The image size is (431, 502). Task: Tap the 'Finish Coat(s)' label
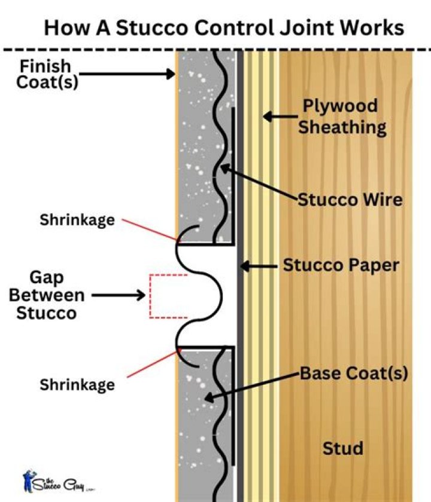pos(43,74)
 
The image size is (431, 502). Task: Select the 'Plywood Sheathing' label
pos(340,117)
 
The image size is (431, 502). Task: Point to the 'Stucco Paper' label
pos(341,265)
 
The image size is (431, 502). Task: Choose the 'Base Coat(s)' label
pos(353,374)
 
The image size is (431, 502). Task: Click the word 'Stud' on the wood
pos(343,448)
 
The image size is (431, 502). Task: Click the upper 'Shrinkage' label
pos(77,219)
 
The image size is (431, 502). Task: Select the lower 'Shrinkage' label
pos(77,384)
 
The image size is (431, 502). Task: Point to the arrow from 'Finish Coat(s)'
pos(126,74)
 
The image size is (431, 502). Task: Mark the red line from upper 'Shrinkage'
pos(149,230)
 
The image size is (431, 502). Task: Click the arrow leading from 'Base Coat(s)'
pos(251,385)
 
